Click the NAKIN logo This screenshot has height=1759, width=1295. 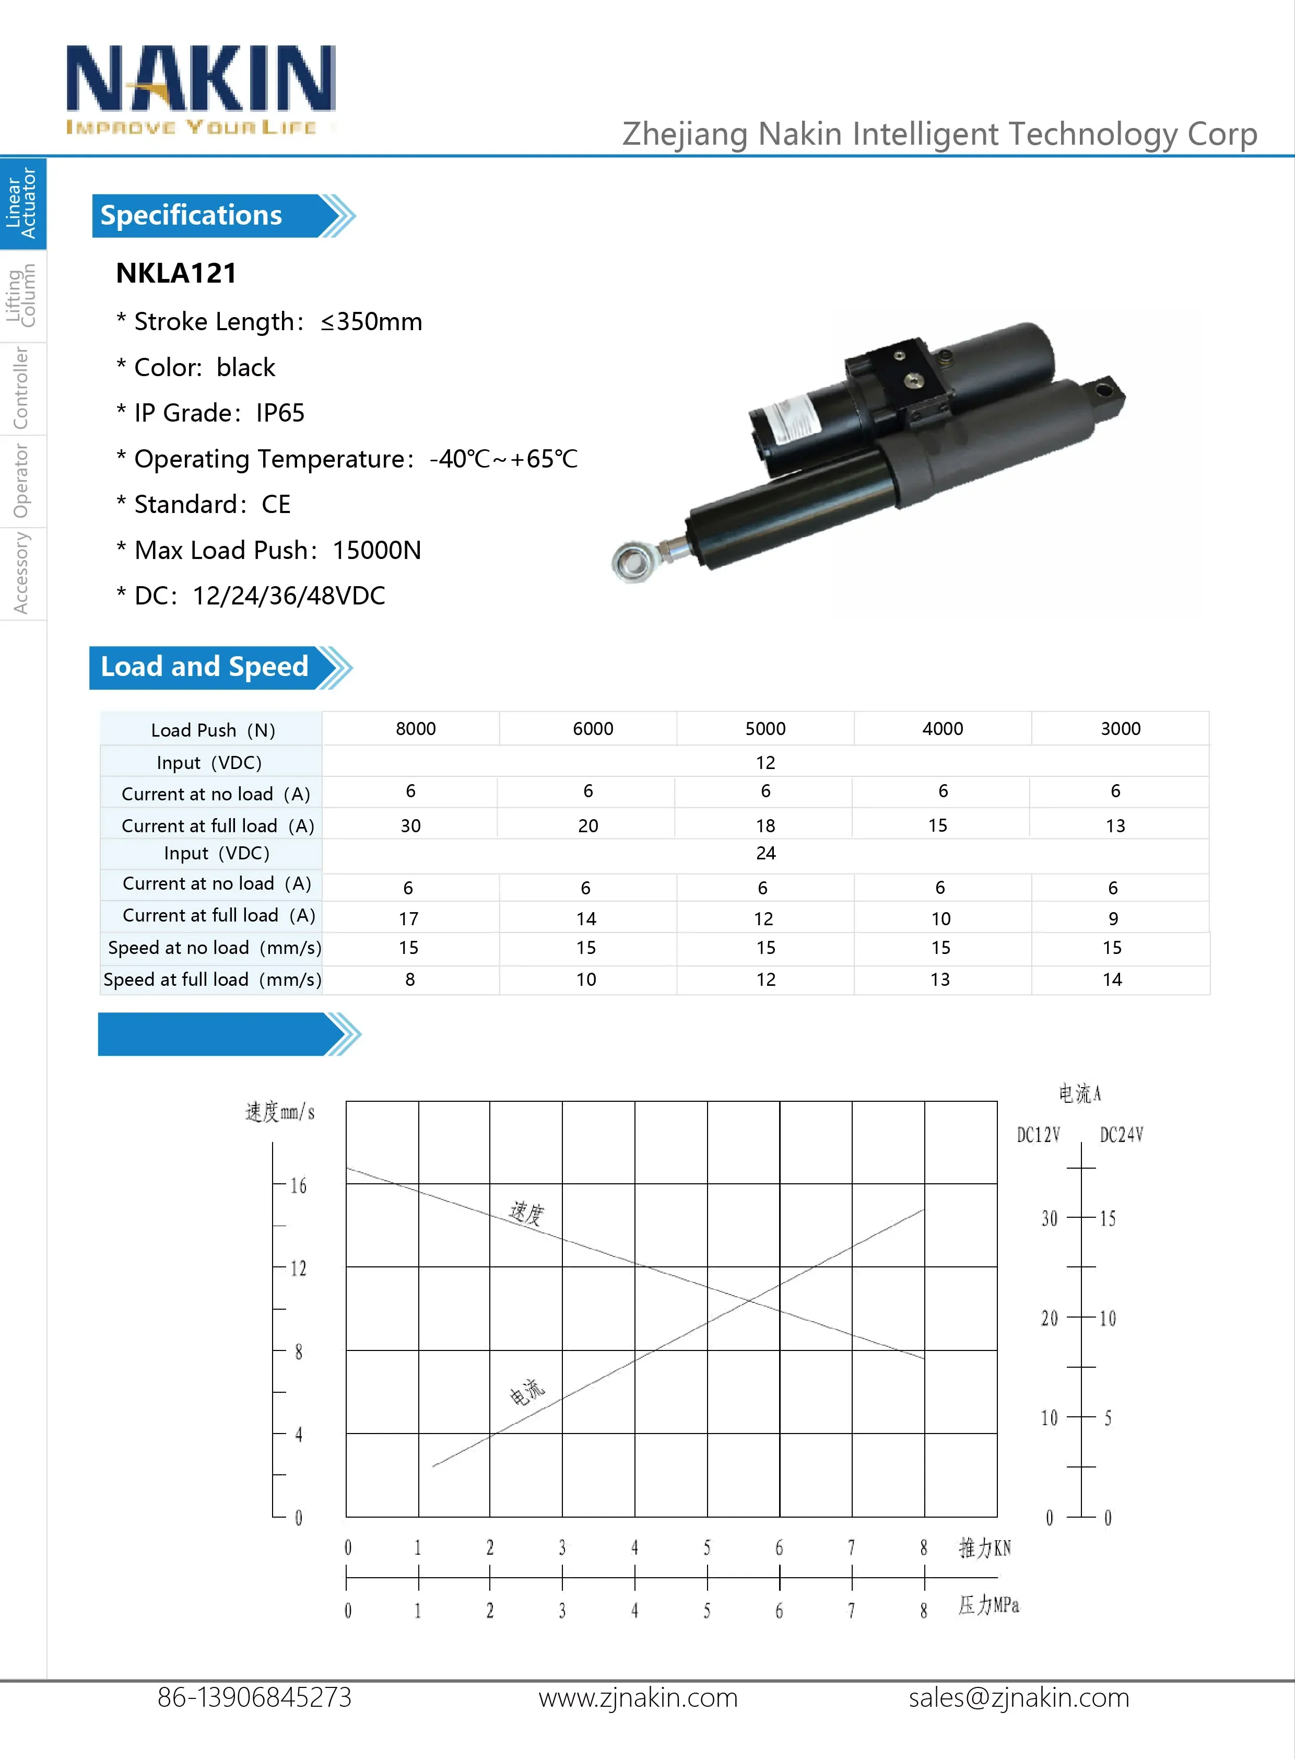pos(201,88)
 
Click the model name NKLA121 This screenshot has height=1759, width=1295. pos(176,273)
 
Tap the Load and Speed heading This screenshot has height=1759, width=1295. pos(205,667)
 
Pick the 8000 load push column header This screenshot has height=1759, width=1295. pos(416,729)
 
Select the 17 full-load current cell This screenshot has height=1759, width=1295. pos(408,918)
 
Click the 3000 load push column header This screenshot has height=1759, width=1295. pos(1120,729)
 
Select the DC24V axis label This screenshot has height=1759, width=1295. pos(1121,1135)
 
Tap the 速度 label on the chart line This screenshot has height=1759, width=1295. pos(526,1213)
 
